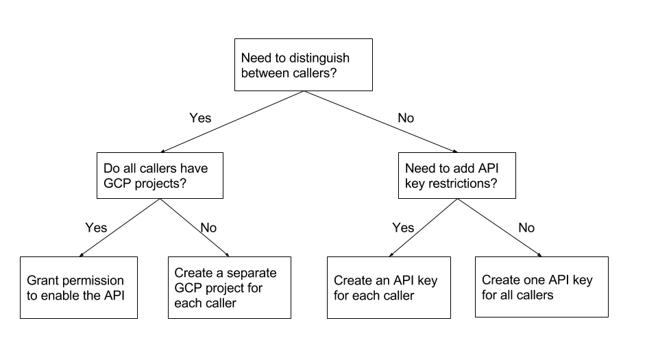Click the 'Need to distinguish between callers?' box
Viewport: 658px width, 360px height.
(304, 64)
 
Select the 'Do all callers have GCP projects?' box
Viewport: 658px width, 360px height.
(160, 176)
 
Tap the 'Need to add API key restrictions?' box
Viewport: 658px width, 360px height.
(457, 176)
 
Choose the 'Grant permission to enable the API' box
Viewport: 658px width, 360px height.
(79, 288)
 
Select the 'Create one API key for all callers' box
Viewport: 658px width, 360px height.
(541, 287)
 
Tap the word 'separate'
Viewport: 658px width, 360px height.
(253, 272)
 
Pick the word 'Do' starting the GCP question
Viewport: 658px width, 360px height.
(111, 168)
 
